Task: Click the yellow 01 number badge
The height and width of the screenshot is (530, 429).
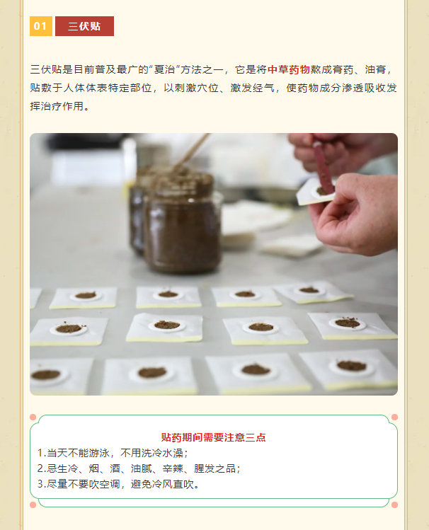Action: coord(41,26)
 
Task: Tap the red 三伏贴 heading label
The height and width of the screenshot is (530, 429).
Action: coord(84,26)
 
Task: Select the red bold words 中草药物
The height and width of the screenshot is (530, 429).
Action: coord(289,69)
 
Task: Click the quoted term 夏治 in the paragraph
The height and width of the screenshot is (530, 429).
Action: coord(164,69)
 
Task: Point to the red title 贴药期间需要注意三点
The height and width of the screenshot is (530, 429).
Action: coord(213,437)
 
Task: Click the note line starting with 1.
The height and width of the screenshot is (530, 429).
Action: coord(113,453)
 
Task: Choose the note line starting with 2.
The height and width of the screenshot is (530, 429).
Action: coord(139,468)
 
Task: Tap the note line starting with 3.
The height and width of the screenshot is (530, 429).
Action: coord(118,484)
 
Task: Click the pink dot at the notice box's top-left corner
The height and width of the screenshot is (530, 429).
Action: coord(33,417)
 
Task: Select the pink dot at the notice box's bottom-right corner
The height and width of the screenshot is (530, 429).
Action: coord(394,505)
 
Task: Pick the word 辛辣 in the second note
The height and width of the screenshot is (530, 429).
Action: coord(173,468)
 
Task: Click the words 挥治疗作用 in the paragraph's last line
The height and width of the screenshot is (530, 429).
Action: coord(57,106)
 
